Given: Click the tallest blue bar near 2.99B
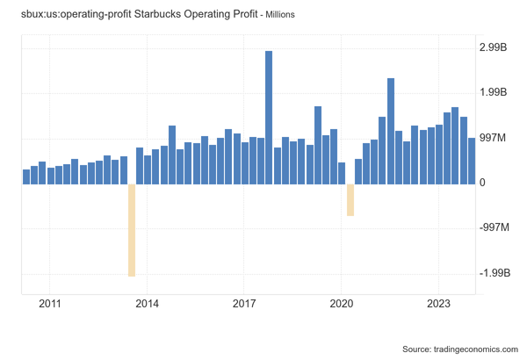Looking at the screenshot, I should [x=269, y=118].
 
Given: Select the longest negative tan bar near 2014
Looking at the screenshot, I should [x=132, y=230].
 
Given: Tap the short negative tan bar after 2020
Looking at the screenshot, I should [x=350, y=199].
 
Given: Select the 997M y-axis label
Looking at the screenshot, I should [x=494, y=138].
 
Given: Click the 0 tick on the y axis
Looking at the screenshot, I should [x=482, y=184].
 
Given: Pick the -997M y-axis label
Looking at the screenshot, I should [x=495, y=228].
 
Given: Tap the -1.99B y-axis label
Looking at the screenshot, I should [x=495, y=274].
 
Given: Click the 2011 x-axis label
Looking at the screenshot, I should [x=50, y=304].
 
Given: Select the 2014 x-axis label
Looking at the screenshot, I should [x=147, y=304].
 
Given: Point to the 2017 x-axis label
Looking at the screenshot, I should [x=244, y=304].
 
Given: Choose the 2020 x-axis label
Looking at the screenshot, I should [x=342, y=304].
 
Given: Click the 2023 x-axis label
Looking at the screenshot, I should [x=438, y=304].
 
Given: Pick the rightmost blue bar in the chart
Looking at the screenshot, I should [x=472, y=161].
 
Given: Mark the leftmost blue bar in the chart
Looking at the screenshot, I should [x=26, y=176].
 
